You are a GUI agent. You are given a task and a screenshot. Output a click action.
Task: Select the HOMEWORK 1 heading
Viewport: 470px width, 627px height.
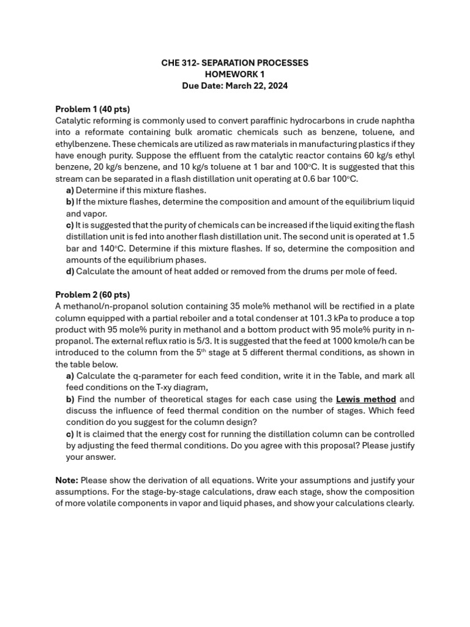point(234,75)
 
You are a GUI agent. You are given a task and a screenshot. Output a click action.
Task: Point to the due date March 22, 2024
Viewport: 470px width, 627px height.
point(256,86)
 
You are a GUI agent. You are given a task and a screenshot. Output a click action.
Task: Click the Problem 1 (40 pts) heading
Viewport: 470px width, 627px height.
point(92,109)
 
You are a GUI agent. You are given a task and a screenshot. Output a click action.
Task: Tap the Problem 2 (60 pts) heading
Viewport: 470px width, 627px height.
point(92,295)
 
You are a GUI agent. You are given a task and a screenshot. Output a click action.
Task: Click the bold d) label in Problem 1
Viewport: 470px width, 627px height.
point(70,271)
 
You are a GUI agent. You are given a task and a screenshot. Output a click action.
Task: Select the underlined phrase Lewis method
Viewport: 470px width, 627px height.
point(366,399)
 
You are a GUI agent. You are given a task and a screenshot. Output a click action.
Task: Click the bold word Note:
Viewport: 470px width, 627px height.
point(67,480)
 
